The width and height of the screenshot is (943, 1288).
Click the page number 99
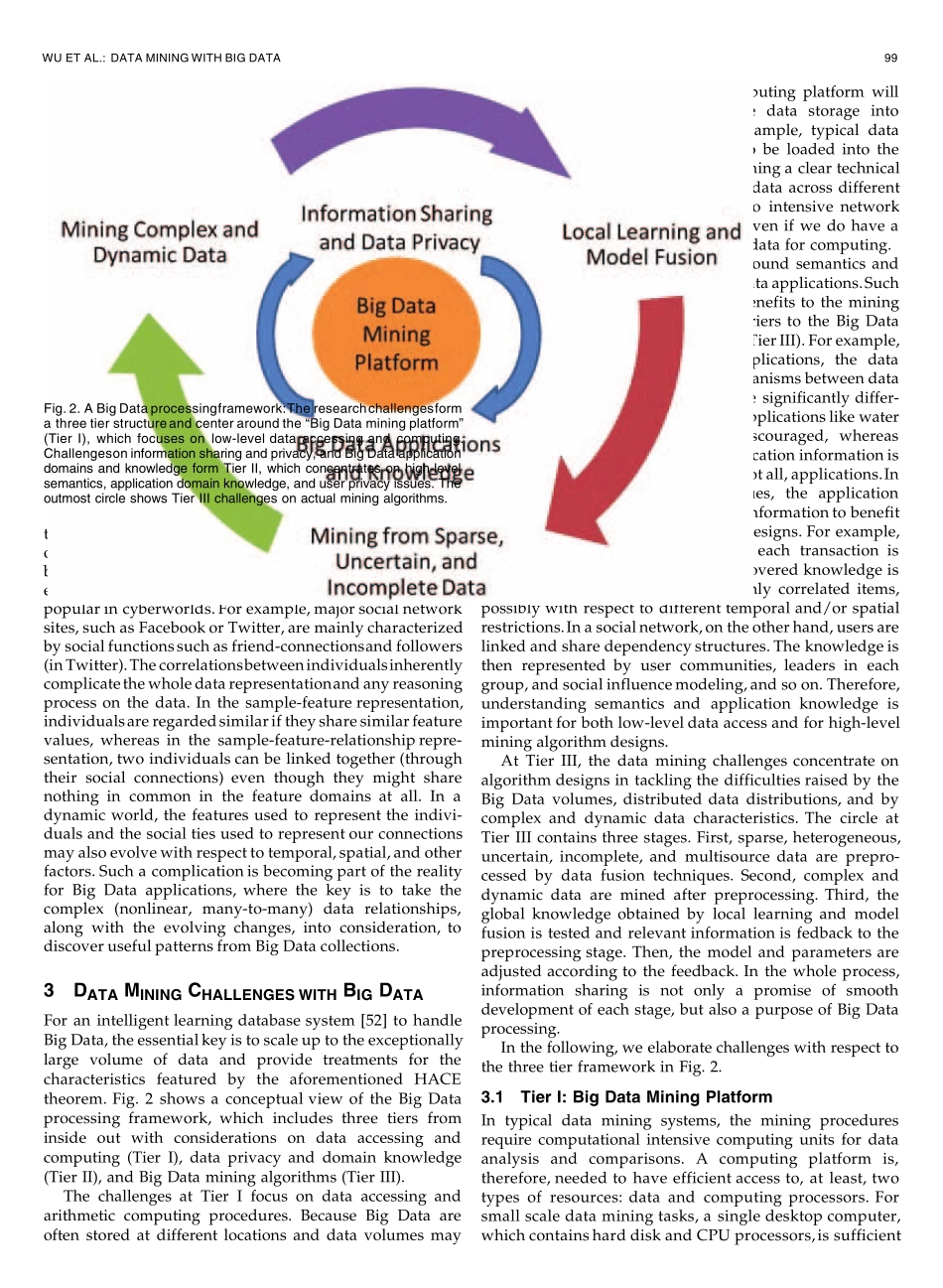pyautogui.click(x=890, y=58)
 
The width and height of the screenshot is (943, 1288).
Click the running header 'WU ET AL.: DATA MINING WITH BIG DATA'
pyautogui.click(x=162, y=58)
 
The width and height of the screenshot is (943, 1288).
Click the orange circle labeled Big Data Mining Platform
pyautogui.click(x=396, y=334)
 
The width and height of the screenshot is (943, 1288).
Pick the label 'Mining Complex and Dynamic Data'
pyautogui.click(x=159, y=242)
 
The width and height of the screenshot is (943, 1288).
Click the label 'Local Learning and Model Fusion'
pyautogui.click(x=651, y=244)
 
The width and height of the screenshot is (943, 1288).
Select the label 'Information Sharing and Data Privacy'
pyautogui.click(x=397, y=227)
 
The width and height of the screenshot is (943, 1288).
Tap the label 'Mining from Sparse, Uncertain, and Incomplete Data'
pyautogui.click(x=406, y=562)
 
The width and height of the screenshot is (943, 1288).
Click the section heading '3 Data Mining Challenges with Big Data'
pyautogui.click(x=233, y=992)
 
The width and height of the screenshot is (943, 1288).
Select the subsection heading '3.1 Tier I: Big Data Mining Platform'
pyautogui.click(x=626, y=1097)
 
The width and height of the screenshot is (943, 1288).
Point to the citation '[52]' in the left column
pyautogui.click(x=379, y=1020)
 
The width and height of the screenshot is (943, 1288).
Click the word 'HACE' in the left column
pyautogui.click(x=438, y=1078)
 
